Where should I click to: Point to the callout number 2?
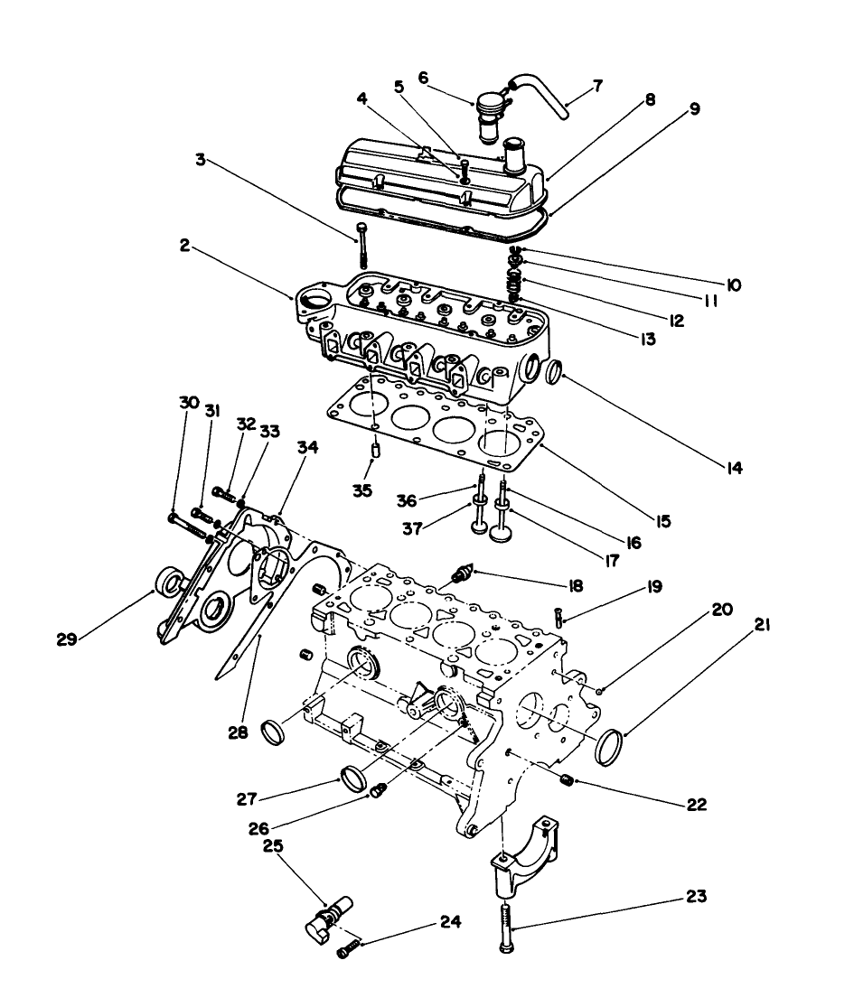pos(185,246)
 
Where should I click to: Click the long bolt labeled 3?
pos(361,242)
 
